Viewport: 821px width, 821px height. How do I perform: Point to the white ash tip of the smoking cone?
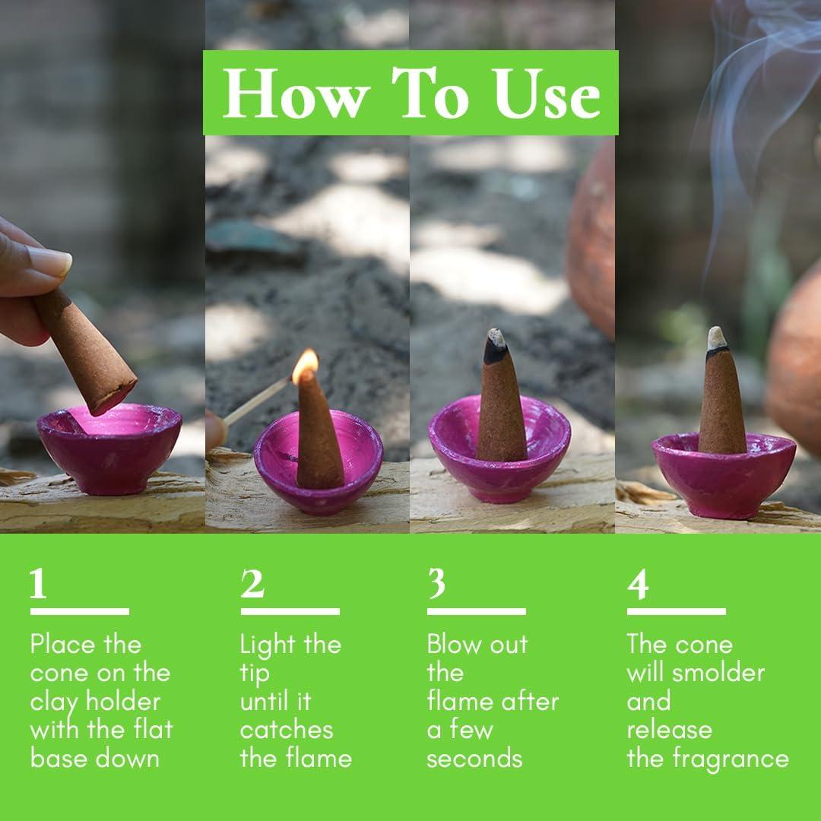[x=715, y=337]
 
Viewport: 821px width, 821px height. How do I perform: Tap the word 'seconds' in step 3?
[x=474, y=759]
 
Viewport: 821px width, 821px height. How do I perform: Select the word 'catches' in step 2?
[x=287, y=730]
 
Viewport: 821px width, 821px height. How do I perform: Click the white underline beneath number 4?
[x=676, y=611]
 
